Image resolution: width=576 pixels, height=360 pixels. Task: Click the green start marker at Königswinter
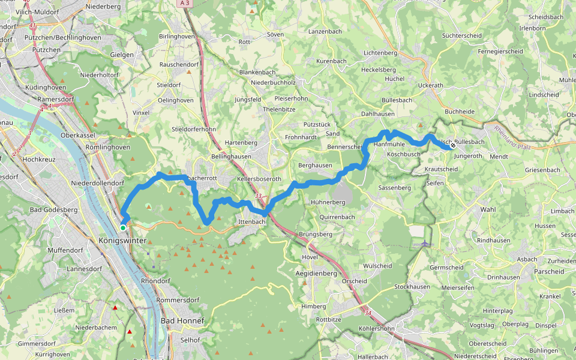point(122,228)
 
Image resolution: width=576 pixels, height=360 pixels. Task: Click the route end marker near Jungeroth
point(453,145)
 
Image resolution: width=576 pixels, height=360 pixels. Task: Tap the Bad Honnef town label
point(182,321)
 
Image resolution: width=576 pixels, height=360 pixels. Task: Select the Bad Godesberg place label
point(53,210)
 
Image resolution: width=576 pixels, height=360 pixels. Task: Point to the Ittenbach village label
point(251,222)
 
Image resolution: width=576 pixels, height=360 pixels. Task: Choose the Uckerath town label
point(430,86)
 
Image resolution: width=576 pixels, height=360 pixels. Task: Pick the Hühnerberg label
point(328,203)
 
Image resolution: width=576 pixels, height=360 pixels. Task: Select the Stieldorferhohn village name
point(193,129)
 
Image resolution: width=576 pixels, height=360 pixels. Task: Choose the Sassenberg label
point(394,188)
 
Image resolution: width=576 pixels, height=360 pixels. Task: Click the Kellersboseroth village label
point(259,179)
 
